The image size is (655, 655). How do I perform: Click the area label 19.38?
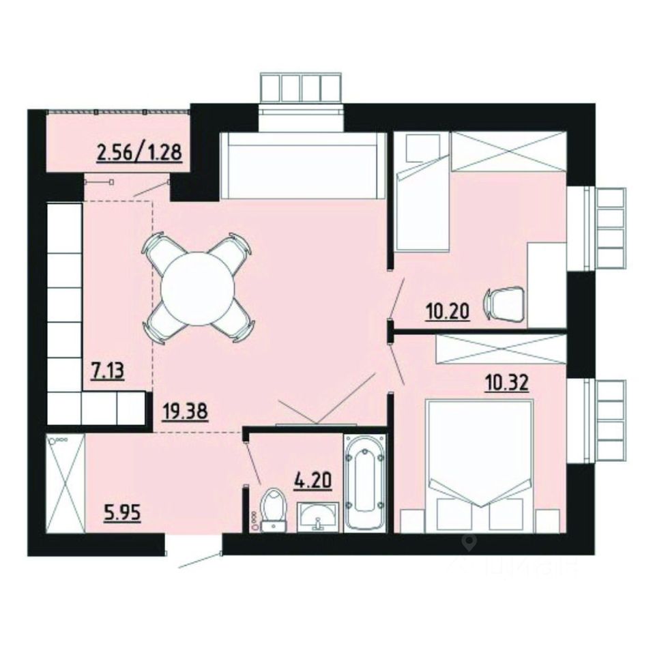pos(185,412)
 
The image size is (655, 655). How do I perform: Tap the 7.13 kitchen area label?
pos(108,371)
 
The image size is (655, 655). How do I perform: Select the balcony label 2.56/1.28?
pos(139,151)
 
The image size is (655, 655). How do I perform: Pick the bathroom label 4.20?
pos(312,480)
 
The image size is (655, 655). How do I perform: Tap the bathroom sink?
pos(319,516)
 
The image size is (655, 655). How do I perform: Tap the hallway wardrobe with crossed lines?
pos(65,483)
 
